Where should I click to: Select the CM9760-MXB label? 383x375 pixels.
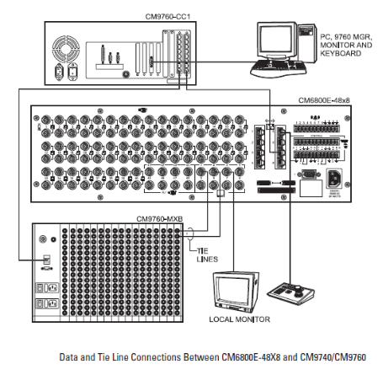[161, 218]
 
